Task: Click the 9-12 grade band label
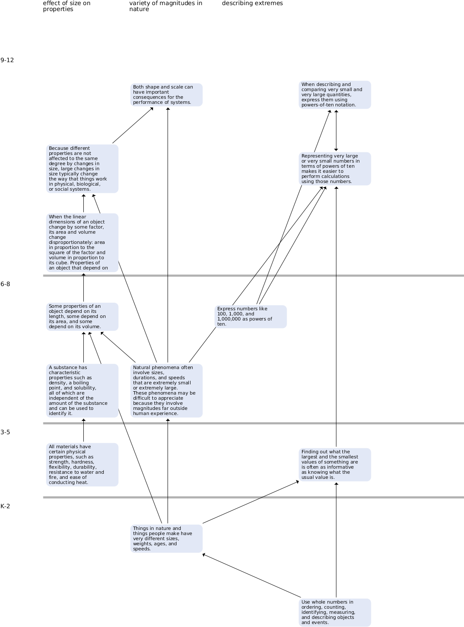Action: (7, 60)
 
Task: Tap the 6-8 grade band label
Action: (6, 284)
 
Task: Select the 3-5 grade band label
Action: (6, 432)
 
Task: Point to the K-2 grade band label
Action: (6, 506)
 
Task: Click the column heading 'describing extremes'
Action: (252, 3)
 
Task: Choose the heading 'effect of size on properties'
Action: (67, 6)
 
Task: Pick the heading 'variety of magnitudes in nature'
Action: (166, 6)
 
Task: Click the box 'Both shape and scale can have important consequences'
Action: (166, 94)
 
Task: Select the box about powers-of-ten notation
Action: (335, 94)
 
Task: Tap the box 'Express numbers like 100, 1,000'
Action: (251, 317)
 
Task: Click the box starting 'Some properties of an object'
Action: (82, 317)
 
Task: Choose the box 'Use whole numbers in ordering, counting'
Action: (335, 613)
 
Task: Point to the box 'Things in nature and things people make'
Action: (166, 539)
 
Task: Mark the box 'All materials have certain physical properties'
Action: (82, 465)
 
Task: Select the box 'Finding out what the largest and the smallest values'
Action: (335, 465)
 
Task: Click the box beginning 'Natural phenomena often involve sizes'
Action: (166, 391)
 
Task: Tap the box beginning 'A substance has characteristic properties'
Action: (82, 391)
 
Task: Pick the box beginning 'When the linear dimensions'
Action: (82, 243)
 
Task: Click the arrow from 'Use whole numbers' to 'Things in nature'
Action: (252, 576)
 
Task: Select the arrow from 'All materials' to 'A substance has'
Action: (84, 430)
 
